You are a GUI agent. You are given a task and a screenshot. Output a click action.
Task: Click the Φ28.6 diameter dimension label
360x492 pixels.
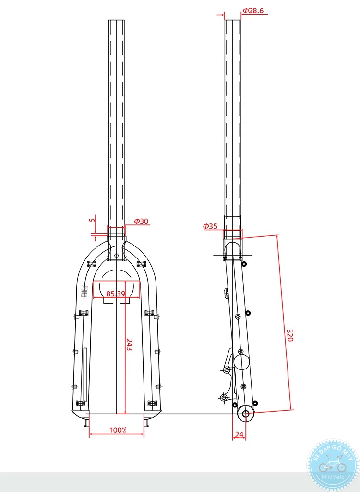253,11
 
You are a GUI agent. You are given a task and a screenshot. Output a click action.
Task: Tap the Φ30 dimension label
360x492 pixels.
141,221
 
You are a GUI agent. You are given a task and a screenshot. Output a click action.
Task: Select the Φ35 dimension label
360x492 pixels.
210,226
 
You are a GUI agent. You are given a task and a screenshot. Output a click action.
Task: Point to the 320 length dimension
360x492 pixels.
289,335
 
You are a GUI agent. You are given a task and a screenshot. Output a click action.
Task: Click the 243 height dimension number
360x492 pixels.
129,344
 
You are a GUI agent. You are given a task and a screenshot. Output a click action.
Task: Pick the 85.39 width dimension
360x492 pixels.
116,294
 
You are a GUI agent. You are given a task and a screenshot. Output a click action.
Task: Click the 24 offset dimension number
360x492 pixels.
239,435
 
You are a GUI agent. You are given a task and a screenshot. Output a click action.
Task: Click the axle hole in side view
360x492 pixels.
246,414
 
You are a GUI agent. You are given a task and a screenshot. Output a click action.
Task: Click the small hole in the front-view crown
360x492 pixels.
116,255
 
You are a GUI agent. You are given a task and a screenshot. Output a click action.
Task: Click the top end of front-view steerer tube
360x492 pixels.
117,21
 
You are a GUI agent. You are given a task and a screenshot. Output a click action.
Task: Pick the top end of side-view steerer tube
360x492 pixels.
233,21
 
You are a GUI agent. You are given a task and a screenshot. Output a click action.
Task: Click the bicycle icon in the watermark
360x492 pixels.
332,465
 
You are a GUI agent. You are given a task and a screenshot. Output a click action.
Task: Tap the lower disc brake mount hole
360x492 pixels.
223,398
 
